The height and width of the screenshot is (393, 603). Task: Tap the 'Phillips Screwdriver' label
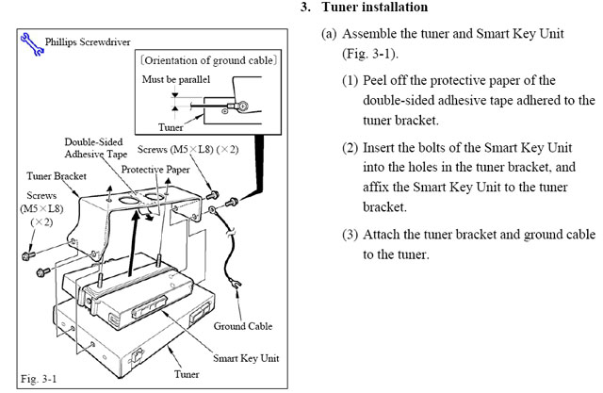(83, 41)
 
